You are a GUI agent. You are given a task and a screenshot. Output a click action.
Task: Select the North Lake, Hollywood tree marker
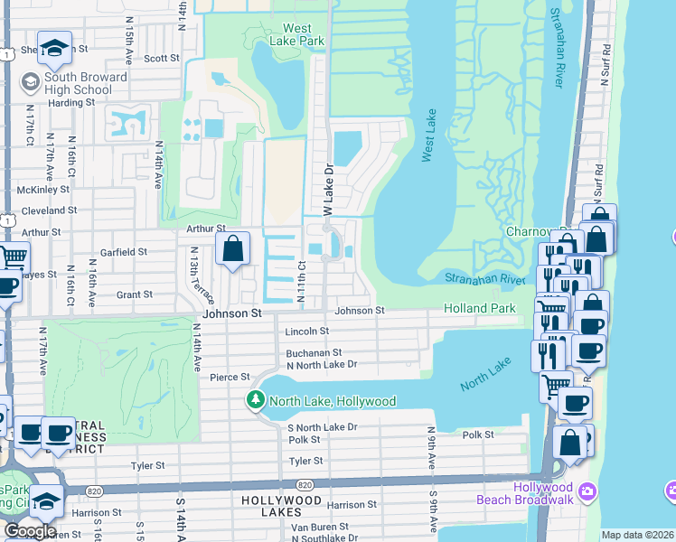pos(257,400)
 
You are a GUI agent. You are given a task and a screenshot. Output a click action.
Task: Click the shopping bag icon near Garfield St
pos(232,248)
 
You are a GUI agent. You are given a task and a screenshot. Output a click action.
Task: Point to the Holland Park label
pos(480,308)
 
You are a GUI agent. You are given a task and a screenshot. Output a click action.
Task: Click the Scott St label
pos(162,58)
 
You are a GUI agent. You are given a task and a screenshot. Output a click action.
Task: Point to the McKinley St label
pos(43,190)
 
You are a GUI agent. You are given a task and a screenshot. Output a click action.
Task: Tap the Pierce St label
pos(230,377)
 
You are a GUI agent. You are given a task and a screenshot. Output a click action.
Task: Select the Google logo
pos(31,531)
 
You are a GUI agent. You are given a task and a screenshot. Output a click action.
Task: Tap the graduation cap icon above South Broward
pos(55,49)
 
